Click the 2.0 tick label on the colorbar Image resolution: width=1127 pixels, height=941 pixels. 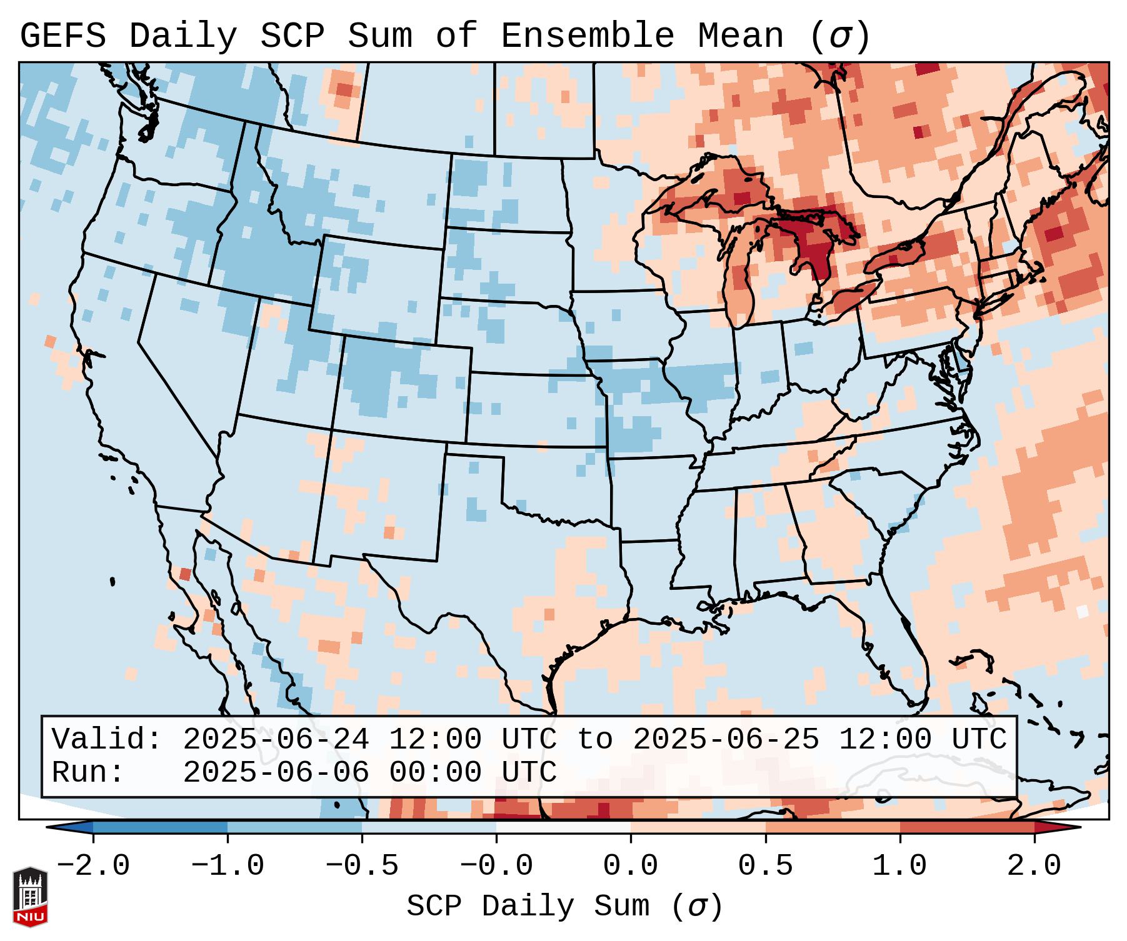tap(1034, 866)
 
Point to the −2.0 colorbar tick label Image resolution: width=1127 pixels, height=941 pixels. tap(93, 866)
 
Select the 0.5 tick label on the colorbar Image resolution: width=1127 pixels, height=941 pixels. tap(765, 866)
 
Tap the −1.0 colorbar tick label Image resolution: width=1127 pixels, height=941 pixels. tap(228, 866)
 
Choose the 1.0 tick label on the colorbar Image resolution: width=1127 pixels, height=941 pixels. tap(900, 866)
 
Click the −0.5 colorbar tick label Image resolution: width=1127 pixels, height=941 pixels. tap(362, 866)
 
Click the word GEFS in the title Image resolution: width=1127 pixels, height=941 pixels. tap(63, 36)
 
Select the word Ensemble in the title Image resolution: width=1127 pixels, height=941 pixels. tap(587, 36)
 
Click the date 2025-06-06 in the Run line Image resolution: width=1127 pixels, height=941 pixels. tap(276, 772)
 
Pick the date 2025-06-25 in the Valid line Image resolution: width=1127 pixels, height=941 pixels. tap(726, 739)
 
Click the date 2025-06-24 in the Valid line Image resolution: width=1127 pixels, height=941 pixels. tap(276, 739)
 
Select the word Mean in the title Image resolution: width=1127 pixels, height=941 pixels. tap(741, 36)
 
